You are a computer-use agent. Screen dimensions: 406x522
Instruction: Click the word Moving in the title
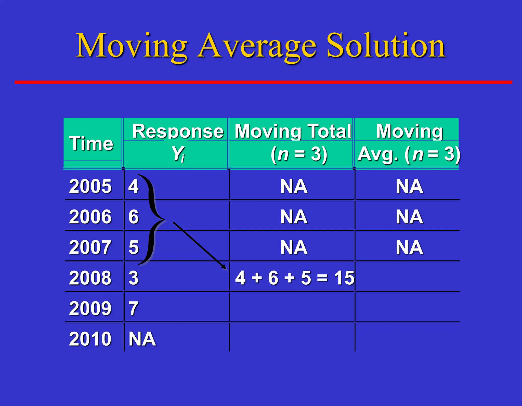point(132,46)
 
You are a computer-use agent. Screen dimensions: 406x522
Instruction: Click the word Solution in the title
point(386,46)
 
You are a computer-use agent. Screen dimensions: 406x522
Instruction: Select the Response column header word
point(178,132)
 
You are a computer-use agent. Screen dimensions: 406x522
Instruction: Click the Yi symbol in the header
point(178,154)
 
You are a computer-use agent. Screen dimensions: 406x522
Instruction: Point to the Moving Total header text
point(293,132)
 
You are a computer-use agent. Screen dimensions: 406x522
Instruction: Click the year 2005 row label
point(90,186)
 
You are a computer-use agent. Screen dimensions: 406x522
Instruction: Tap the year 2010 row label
point(90,339)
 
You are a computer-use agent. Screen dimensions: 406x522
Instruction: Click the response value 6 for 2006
point(134,217)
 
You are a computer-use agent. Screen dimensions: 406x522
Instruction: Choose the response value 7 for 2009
point(134,308)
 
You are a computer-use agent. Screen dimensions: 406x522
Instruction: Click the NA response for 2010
point(142,339)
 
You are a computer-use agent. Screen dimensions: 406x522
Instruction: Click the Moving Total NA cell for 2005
point(294,186)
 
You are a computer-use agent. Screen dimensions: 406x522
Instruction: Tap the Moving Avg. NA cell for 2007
point(409,247)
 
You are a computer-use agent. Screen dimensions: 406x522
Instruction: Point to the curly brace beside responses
point(153,219)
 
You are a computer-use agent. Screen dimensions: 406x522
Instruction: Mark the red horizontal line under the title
point(263,82)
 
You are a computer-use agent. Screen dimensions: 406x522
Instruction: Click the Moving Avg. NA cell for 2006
point(409,217)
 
